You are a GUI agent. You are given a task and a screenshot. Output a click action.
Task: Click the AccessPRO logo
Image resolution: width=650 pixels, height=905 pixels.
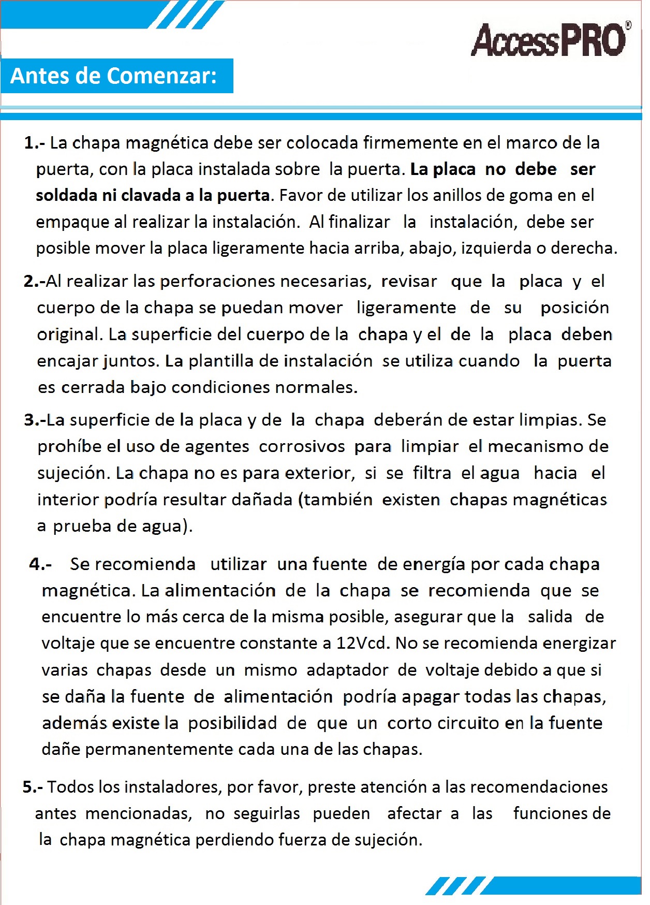549,40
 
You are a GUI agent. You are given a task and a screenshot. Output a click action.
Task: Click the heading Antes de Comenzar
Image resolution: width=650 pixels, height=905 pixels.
114,76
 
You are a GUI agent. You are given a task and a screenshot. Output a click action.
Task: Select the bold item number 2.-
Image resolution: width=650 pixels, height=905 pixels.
34,282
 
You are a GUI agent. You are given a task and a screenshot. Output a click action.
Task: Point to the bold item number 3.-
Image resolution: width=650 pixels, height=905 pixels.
35,420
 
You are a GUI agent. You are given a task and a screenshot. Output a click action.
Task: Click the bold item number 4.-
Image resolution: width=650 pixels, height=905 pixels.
40,564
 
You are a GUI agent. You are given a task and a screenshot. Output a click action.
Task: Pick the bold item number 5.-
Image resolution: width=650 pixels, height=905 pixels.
33,787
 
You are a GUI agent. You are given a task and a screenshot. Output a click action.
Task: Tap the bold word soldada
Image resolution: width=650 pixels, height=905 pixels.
66,196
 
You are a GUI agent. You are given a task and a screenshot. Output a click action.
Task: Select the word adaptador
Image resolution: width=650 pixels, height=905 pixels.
347,670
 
